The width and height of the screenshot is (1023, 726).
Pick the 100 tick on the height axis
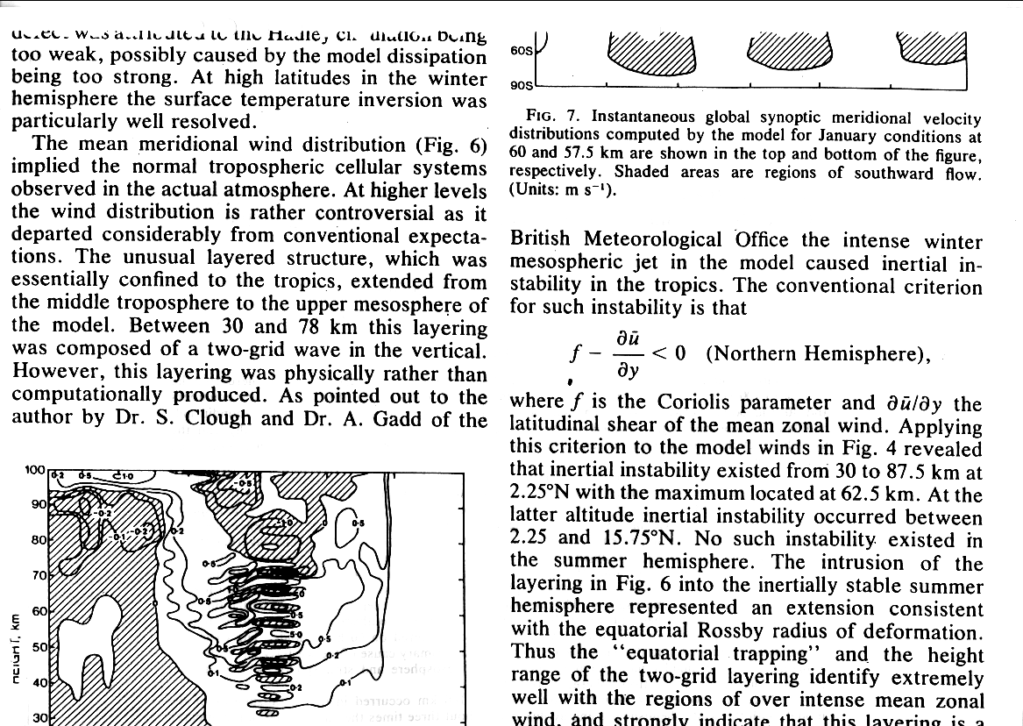pyautogui.click(x=35, y=471)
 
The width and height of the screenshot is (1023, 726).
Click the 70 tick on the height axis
pyautogui.click(x=39, y=576)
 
